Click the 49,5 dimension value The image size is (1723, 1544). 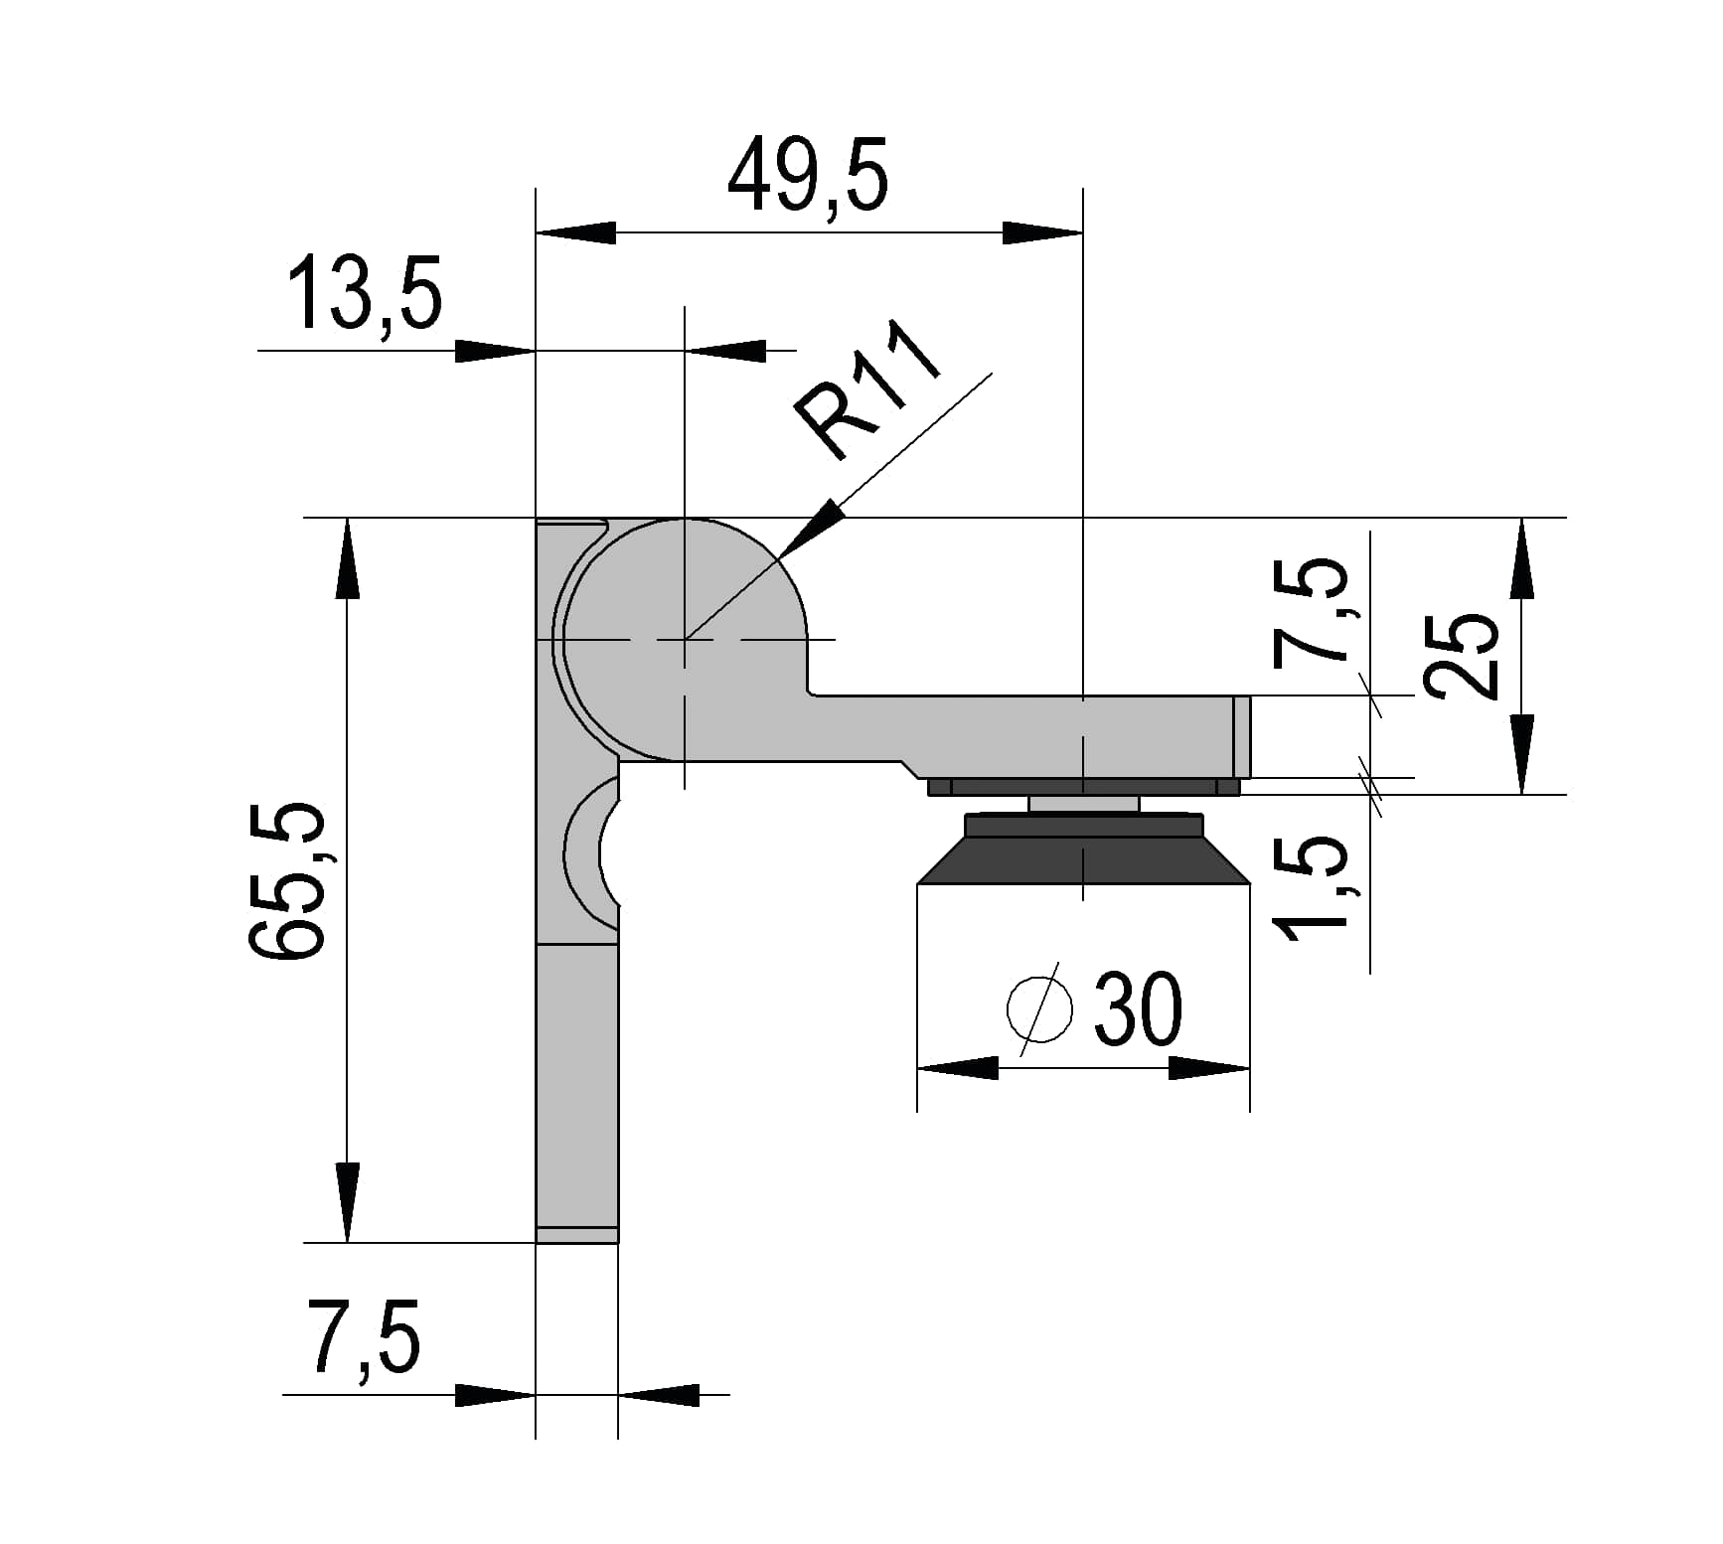(808, 175)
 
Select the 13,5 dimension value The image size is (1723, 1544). (365, 292)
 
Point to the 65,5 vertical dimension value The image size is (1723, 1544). (286, 880)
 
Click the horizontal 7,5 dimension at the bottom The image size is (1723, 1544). (364, 1336)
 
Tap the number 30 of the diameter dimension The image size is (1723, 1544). (1139, 1007)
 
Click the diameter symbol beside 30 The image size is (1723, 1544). (1039, 1007)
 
